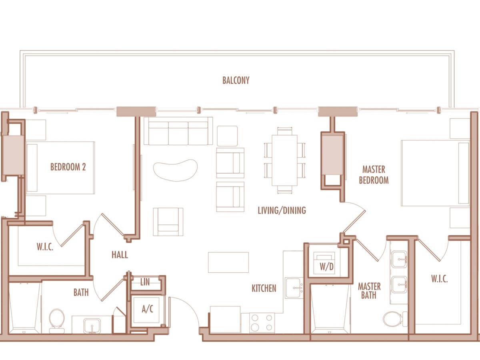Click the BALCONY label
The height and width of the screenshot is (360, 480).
tap(236, 80)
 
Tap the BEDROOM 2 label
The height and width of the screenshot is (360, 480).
tap(68, 167)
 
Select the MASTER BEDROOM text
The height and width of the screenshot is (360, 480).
tap(374, 175)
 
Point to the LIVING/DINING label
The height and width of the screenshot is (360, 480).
tap(282, 210)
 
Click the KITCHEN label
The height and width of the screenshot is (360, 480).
tap(264, 288)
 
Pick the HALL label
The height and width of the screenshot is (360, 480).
tap(120, 255)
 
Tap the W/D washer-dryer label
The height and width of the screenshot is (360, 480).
tap(326, 266)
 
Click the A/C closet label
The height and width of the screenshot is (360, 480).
tap(147, 309)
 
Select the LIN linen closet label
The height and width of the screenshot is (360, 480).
tap(145, 282)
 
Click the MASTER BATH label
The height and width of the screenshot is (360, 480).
tap(369, 291)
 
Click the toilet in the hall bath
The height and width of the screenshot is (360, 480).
tap(57, 321)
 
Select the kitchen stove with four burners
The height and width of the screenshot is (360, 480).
tap(262, 323)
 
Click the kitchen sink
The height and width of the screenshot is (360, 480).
tap(294, 288)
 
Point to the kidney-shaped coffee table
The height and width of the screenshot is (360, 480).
tap(175, 170)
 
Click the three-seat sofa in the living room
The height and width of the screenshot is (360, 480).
tap(178, 131)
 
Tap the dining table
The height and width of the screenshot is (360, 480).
tap(284, 160)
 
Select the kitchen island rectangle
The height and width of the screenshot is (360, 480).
tap(228, 262)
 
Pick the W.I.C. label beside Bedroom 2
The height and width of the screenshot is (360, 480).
tap(45, 247)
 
